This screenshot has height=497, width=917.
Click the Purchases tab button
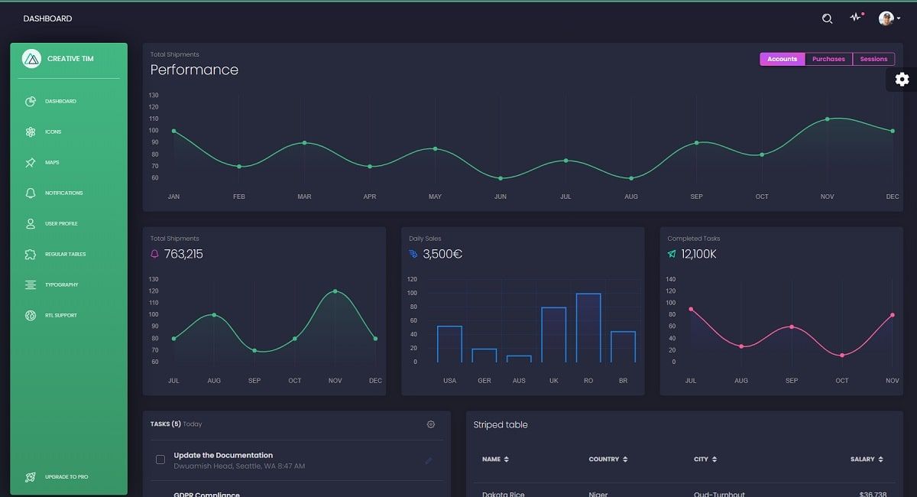click(828, 59)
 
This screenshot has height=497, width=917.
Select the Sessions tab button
click(873, 59)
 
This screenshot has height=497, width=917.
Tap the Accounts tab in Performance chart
click(782, 59)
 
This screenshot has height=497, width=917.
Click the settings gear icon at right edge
click(902, 80)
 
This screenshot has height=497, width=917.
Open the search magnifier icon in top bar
click(827, 18)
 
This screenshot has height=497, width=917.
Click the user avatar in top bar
click(886, 18)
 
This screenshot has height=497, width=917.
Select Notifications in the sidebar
click(63, 193)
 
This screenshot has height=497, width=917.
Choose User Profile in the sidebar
click(61, 223)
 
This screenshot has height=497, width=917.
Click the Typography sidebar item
click(61, 284)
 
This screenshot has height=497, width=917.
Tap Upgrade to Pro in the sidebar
click(66, 476)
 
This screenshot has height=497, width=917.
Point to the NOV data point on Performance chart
click(827, 119)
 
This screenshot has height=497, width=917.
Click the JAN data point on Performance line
click(174, 131)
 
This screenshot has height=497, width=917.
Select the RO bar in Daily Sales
click(588, 328)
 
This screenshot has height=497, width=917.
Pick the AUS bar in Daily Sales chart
click(519, 359)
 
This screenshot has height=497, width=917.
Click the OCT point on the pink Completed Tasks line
click(842, 356)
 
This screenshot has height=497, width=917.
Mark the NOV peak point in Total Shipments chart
click(335, 291)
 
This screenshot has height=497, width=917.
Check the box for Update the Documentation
click(160, 460)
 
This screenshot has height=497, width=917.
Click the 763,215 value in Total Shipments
click(183, 254)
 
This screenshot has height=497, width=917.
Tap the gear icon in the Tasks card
click(431, 424)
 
